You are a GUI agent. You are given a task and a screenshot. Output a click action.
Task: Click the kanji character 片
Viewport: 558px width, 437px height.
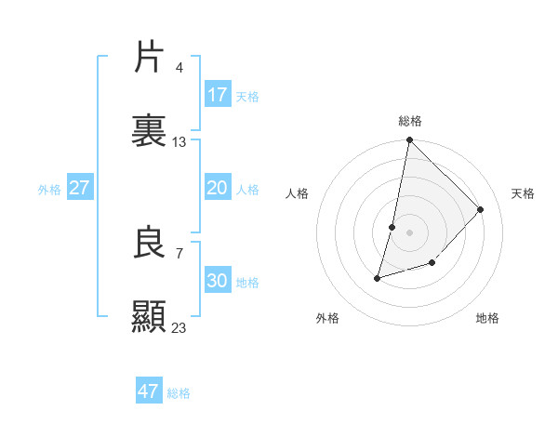(150, 58)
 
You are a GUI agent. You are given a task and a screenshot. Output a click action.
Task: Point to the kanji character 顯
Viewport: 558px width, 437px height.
(150, 317)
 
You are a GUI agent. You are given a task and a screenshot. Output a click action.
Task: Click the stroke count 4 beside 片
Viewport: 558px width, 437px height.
(179, 67)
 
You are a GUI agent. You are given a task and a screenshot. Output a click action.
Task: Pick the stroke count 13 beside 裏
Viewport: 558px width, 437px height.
(179, 142)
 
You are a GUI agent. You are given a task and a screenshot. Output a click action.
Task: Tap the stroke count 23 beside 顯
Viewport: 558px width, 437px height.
(179, 327)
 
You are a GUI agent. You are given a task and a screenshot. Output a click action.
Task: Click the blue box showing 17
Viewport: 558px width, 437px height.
(218, 95)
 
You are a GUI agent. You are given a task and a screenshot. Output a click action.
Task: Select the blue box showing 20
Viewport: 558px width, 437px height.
(218, 188)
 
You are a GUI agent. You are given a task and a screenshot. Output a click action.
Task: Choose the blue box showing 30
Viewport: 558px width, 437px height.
(218, 281)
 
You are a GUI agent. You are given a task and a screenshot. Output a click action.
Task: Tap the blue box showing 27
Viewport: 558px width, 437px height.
(80, 188)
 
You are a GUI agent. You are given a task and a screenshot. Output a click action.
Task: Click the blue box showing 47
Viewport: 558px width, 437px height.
(149, 391)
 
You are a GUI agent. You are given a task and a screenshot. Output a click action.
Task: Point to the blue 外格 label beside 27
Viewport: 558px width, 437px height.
(49, 190)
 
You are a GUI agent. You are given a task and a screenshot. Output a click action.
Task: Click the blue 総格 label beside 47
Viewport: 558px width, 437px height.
(179, 393)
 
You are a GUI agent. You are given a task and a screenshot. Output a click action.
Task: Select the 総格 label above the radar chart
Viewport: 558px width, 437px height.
(410, 121)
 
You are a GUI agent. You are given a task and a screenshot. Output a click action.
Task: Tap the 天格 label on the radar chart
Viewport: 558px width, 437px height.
(523, 193)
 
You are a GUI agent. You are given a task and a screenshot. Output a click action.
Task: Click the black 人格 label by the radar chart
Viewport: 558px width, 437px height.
(298, 193)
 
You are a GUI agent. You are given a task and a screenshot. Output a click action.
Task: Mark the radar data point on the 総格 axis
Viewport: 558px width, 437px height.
(410, 140)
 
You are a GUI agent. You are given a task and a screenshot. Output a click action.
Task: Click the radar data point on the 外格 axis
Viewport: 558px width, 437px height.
(378, 277)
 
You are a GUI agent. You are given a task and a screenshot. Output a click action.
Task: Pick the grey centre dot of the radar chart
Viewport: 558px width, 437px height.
(410, 232)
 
